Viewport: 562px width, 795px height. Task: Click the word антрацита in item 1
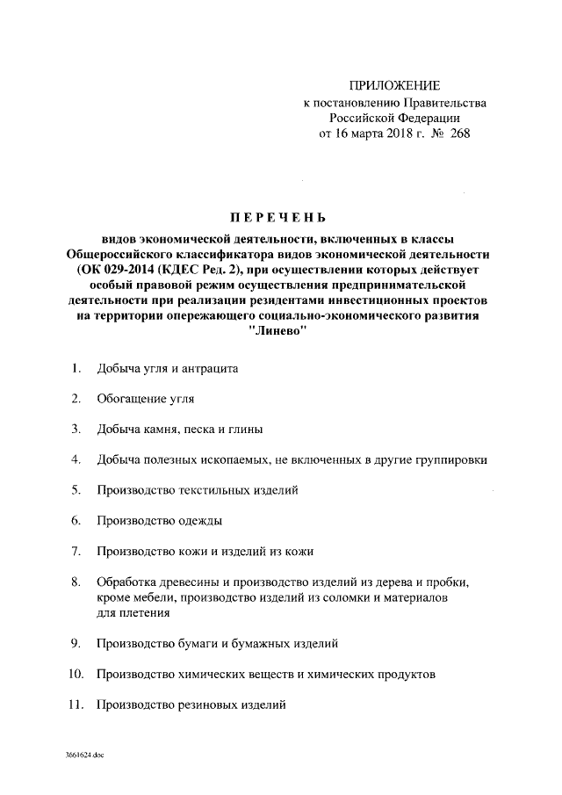pos(210,369)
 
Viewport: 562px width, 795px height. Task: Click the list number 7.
pos(76,551)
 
